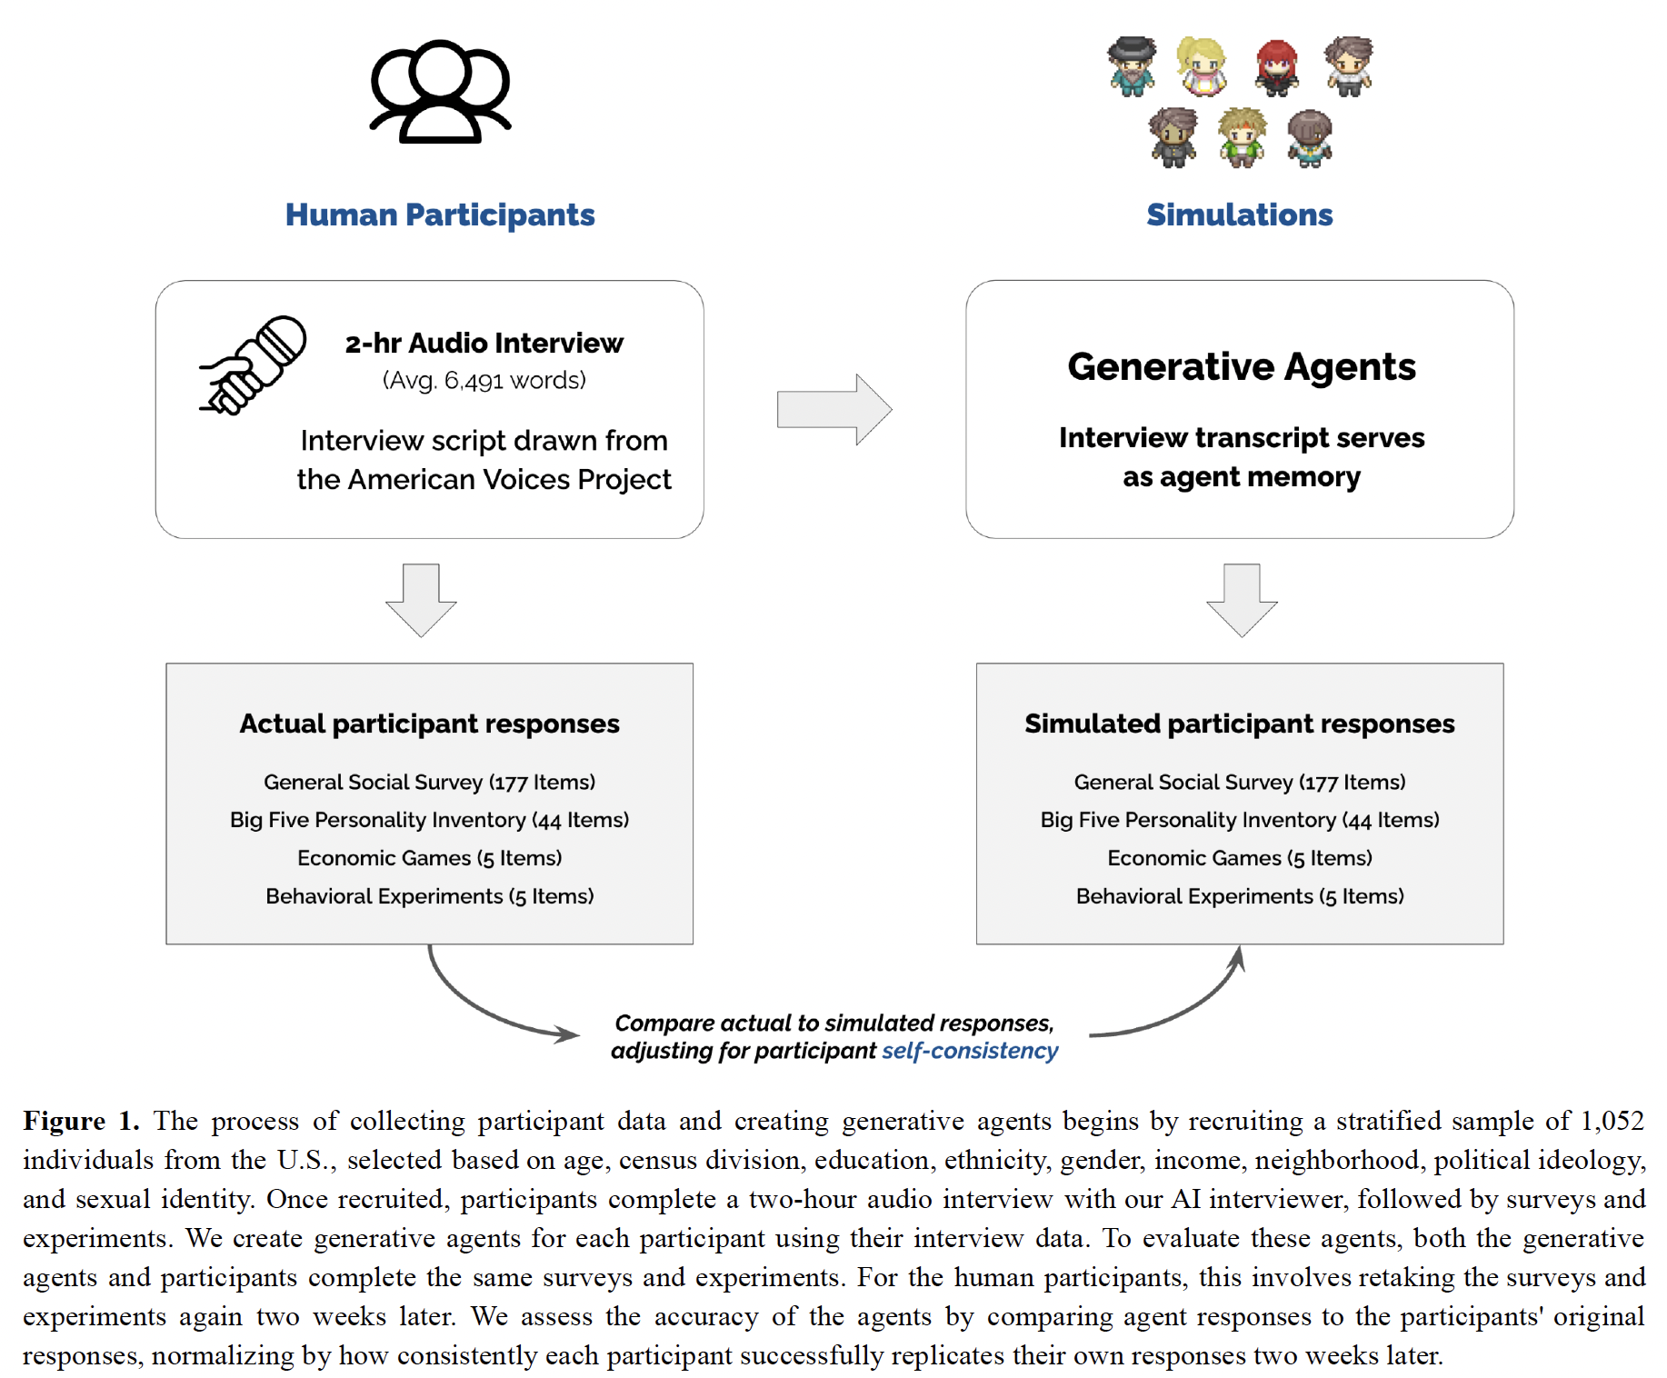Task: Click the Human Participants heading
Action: (x=440, y=215)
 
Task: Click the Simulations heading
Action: (x=1239, y=215)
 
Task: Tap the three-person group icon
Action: (x=441, y=91)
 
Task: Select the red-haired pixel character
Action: (x=1276, y=67)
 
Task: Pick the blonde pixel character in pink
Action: (x=1202, y=66)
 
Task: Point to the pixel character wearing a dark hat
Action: (x=1132, y=66)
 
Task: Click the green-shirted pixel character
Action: (x=1242, y=137)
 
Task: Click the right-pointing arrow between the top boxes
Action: (x=834, y=409)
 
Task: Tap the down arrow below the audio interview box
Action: (x=421, y=600)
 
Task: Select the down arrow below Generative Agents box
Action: (x=1242, y=600)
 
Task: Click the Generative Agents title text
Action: (x=1242, y=367)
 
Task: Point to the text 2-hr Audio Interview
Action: (x=484, y=343)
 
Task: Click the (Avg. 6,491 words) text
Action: (x=484, y=380)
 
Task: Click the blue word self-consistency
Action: (x=970, y=1051)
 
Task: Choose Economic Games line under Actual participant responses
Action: (x=430, y=858)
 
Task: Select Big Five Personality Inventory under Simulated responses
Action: (x=1240, y=820)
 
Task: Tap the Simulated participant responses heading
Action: (x=1240, y=724)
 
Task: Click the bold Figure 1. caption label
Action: (x=81, y=1121)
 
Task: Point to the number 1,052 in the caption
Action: (x=1612, y=1121)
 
